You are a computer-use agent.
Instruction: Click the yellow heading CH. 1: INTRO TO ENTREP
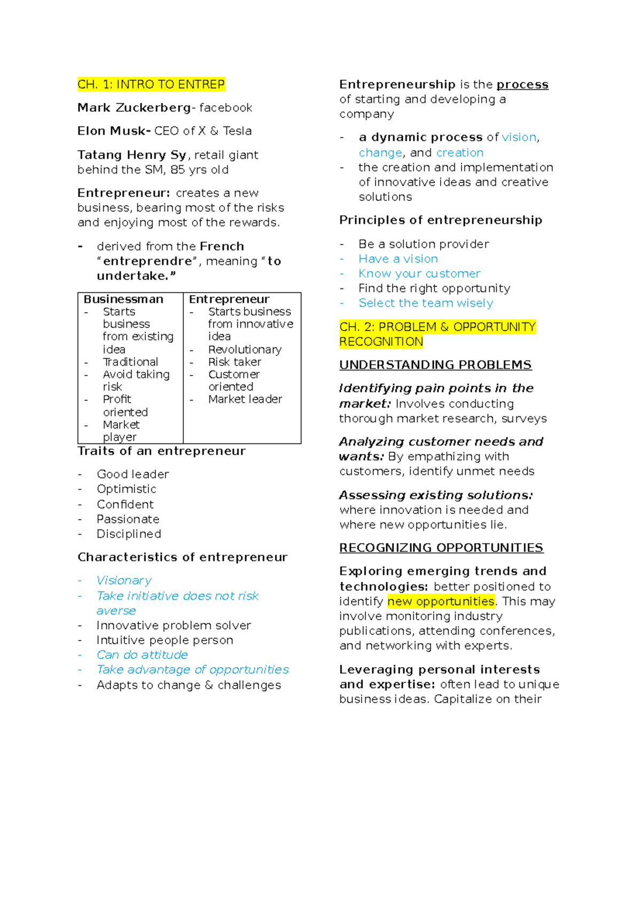pos(151,84)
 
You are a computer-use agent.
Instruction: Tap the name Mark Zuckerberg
pos(134,107)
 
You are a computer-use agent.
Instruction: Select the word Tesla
pos(237,131)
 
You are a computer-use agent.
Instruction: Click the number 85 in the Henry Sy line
pos(177,169)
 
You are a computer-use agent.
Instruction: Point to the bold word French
pos(222,246)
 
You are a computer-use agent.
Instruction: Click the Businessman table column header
pos(123,299)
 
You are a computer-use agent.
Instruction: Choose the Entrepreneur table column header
pos(229,299)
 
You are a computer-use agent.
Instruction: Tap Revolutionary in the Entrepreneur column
pos(245,349)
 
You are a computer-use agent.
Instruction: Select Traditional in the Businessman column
pos(130,362)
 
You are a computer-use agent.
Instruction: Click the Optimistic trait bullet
pos(127,489)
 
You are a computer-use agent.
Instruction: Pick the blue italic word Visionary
pos(124,580)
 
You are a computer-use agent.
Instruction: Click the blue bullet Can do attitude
pos(142,654)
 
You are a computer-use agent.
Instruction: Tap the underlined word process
pos(522,84)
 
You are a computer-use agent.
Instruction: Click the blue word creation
pos(459,152)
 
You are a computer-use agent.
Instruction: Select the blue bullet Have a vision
pos(398,259)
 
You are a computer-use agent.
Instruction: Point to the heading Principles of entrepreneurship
pos(441,220)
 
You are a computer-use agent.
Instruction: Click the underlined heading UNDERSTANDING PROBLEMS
pos(435,365)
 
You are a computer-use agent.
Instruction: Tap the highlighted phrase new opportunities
pos(441,601)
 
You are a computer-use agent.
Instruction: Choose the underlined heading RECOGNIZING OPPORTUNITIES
pos(441,548)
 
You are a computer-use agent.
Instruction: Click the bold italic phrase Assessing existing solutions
pos(436,495)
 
